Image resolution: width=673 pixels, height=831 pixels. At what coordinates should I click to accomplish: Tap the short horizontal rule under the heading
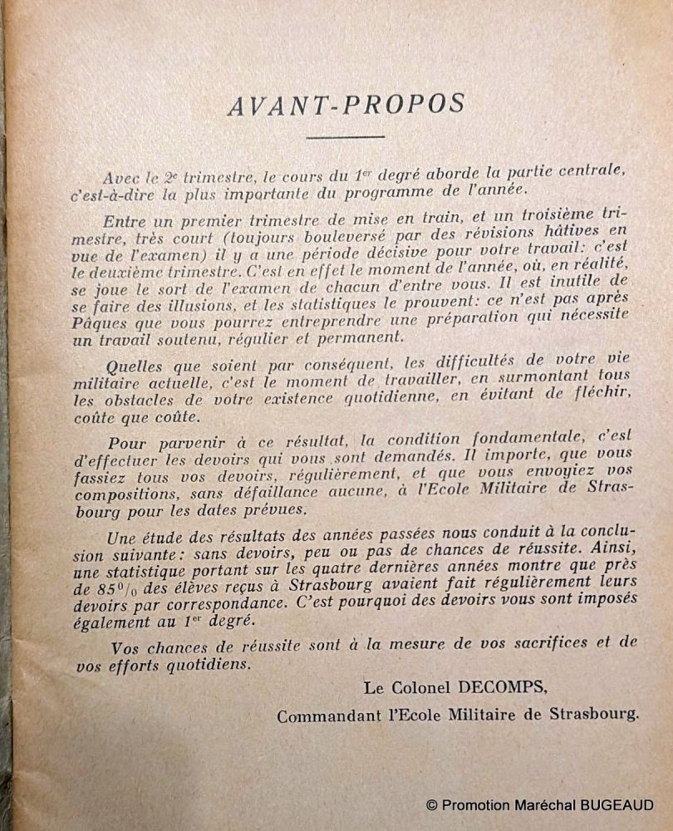click(345, 136)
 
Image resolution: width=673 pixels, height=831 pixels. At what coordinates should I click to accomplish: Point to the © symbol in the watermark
click(431, 804)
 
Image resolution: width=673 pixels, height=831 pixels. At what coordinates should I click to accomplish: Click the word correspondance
click(202, 607)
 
